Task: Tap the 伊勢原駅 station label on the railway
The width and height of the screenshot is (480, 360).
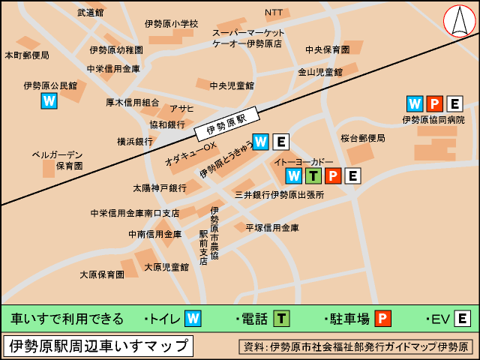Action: click(x=226, y=124)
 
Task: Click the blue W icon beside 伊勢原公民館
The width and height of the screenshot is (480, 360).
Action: click(x=49, y=100)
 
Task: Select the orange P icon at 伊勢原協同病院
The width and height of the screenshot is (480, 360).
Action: click(x=435, y=104)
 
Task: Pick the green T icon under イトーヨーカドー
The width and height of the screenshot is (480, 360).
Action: click(x=314, y=176)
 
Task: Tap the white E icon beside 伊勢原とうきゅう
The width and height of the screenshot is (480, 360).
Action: click(x=280, y=141)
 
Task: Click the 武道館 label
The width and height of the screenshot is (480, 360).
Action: click(x=91, y=13)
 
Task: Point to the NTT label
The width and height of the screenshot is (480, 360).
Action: click(x=274, y=13)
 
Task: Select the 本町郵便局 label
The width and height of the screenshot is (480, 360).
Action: click(x=27, y=55)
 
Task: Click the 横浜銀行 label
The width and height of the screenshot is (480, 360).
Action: click(x=134, y=141)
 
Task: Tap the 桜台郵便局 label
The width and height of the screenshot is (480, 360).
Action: click(x=362, y=138)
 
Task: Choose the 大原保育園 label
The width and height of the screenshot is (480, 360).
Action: click(x=102, y=274)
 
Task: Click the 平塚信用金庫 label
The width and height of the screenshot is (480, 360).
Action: click(x=272, y=228)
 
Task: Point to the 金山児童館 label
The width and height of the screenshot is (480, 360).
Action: click(x=320, y=72)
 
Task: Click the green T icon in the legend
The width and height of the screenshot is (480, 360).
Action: click(x=281, y=319)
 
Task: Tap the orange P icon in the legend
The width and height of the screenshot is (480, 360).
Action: click(x=382, y=319)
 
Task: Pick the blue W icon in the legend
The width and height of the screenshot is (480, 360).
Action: click(x=193, y=319)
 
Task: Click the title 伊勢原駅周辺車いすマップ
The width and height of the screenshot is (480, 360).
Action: click(x=97, y=346)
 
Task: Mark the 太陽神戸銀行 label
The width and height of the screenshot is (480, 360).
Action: click(x=160, y=187)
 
